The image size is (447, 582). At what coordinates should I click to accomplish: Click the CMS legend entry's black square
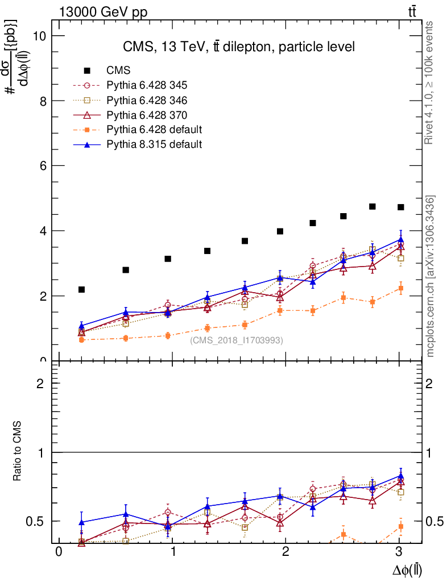coord(87,70)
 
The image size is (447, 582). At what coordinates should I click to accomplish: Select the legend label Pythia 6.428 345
coord(147,85)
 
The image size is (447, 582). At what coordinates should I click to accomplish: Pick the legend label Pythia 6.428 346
coord(147,100)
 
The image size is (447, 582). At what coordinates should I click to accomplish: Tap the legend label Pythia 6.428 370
coord(147,115)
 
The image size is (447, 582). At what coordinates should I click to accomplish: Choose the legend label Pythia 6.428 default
coord(154,130)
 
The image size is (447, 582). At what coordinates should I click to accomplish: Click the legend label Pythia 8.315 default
coord(154,144)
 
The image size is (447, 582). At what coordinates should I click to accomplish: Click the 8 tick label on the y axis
coord(42,101)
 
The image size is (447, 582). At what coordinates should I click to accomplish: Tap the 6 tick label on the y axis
coord(42,166)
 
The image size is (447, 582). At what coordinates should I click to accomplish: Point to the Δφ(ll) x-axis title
coord(407,569)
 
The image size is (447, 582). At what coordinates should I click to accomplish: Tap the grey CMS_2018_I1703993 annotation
coord(237,340)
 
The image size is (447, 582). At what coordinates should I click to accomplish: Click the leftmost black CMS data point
coord(81,290)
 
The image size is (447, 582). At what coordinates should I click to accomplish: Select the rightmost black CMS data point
coord(400,207)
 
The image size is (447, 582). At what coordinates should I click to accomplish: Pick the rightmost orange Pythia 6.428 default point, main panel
coord(400,289)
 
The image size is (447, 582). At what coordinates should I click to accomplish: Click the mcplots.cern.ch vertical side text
coord(431,276)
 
